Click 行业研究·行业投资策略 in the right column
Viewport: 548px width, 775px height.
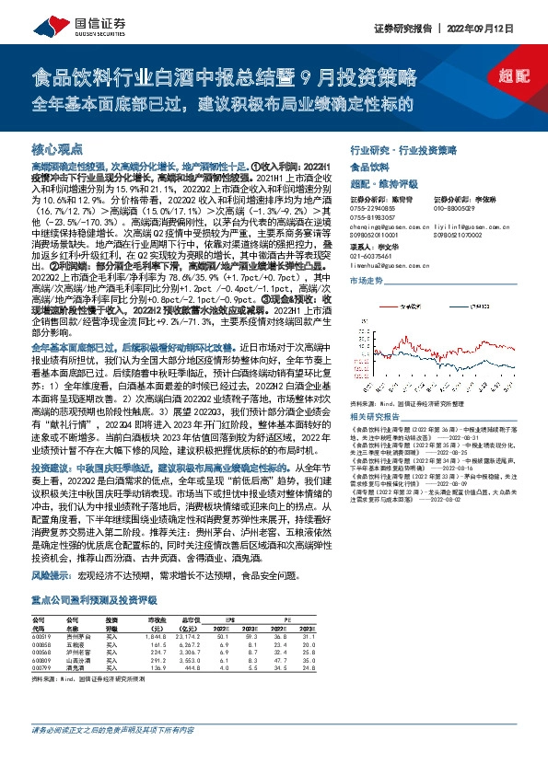[x=403, y=148]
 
